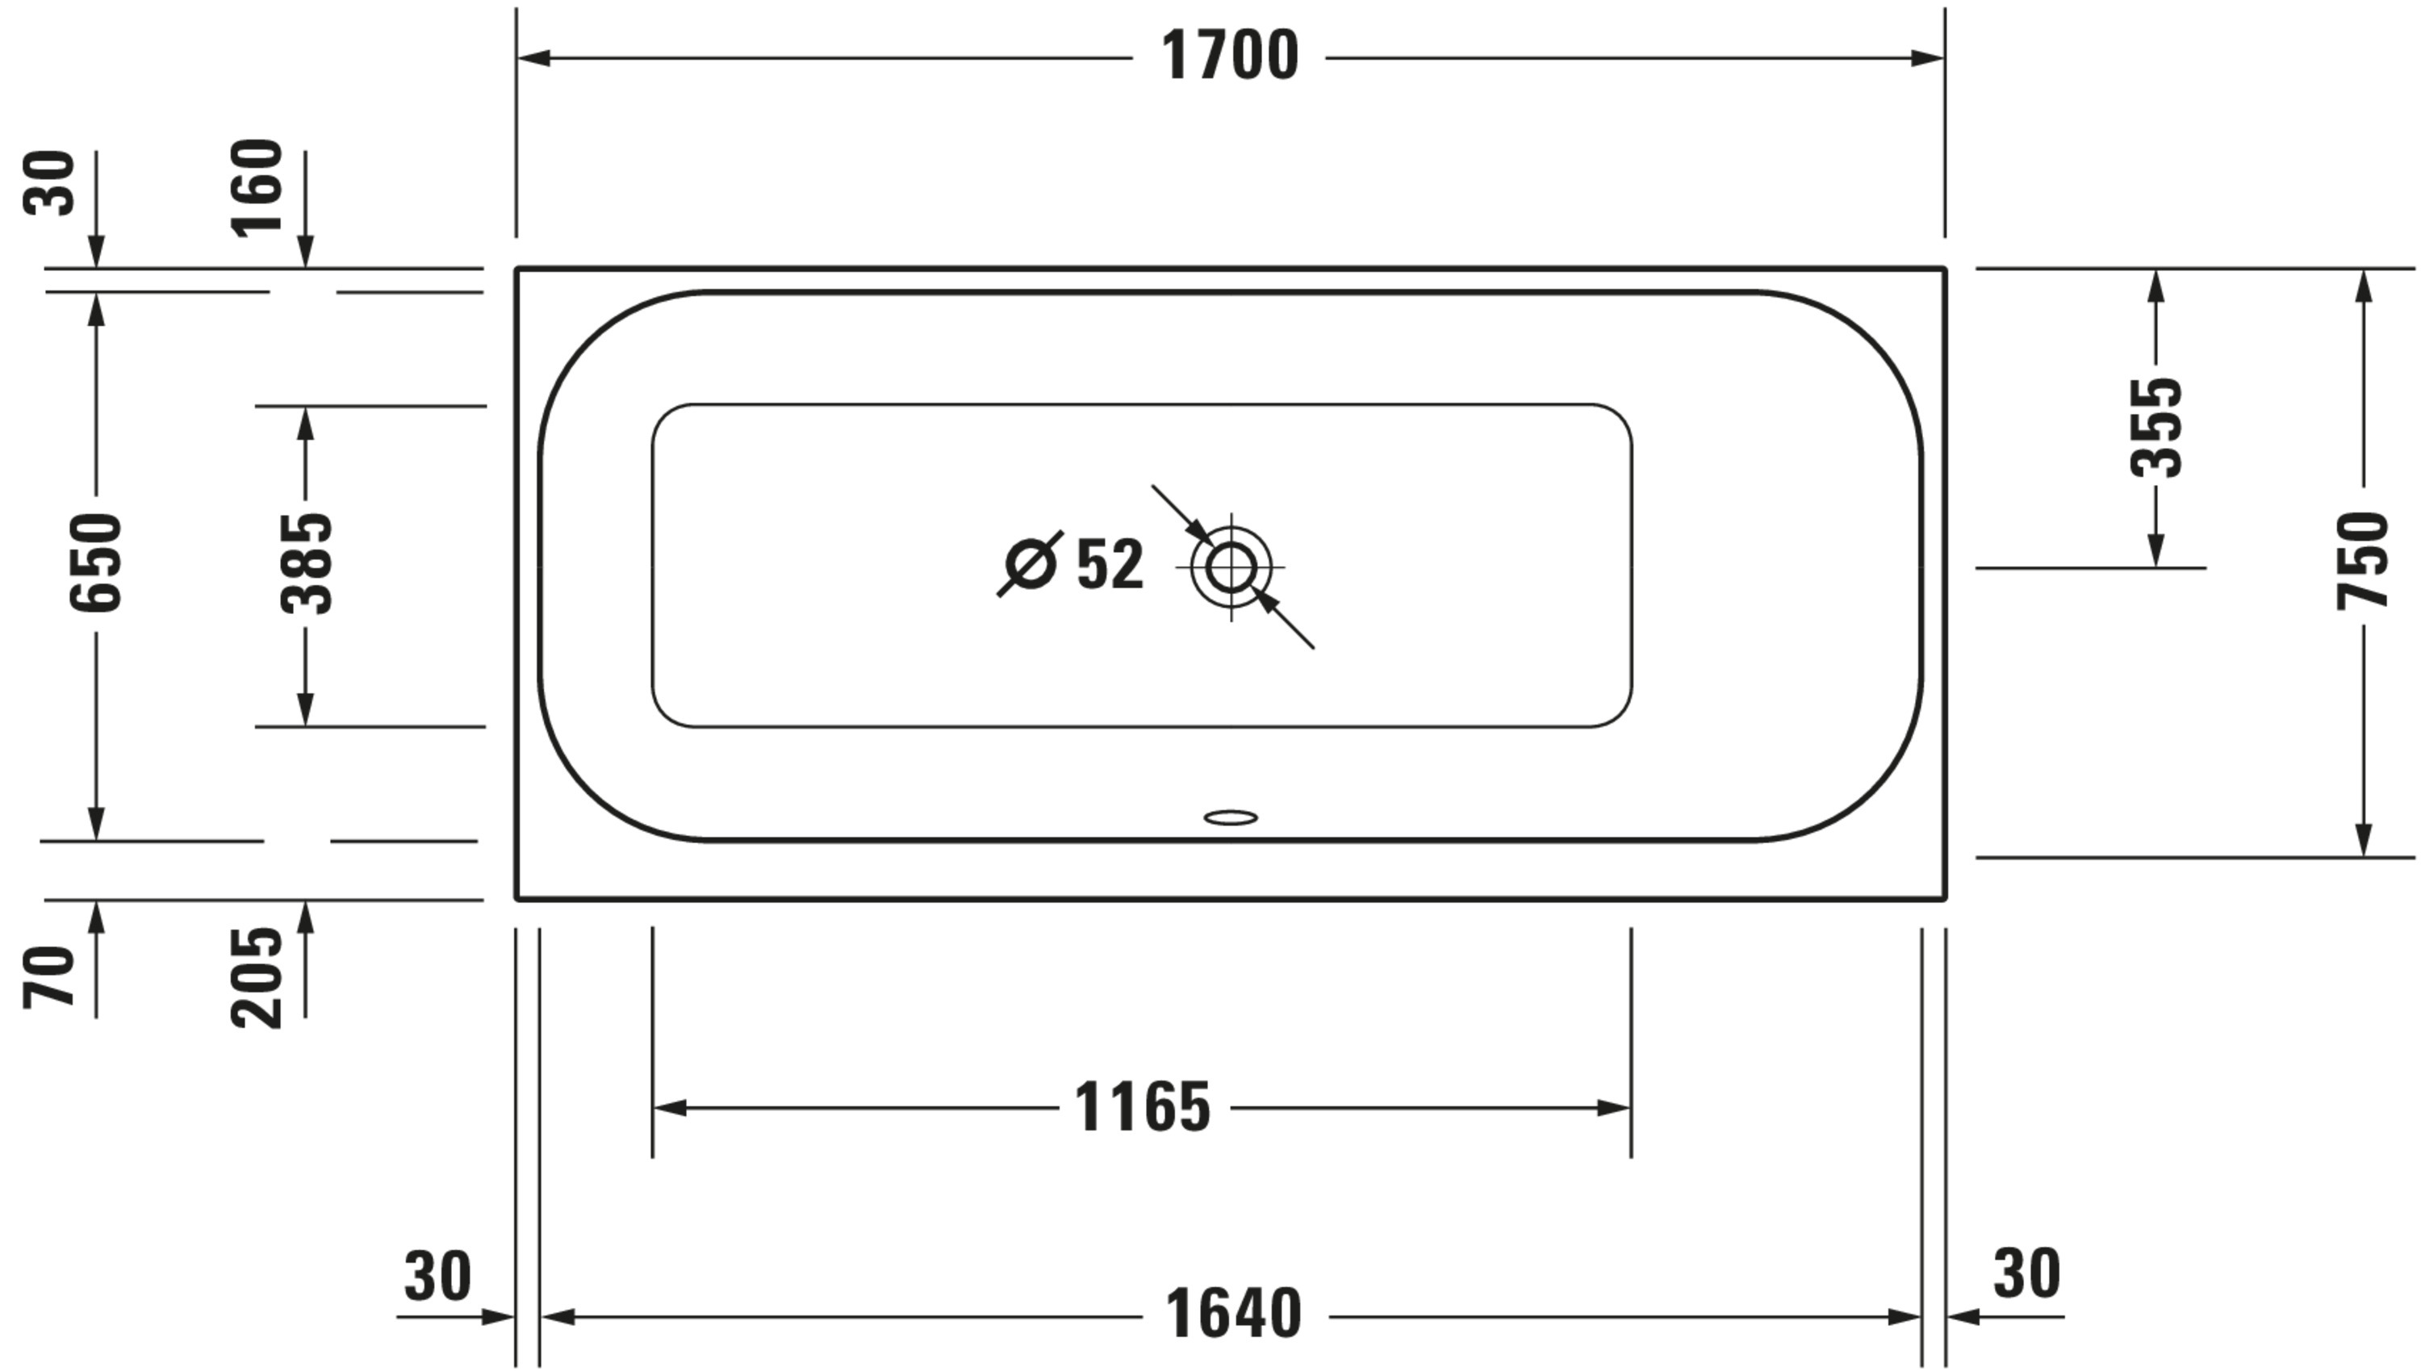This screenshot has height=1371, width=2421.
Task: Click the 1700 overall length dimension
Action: pos(1229,56)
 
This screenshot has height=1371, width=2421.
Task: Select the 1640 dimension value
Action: pos(1234,1315)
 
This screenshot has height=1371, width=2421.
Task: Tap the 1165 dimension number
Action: pos(1142,1107)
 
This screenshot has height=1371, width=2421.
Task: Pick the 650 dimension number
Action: pos(96,562)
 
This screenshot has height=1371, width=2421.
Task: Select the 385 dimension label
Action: pos(306,563)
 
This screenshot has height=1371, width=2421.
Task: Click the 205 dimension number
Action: pos(256,977)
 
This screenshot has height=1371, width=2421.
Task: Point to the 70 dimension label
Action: pos(49,977)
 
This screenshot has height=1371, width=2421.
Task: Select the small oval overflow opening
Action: pos(1231,817)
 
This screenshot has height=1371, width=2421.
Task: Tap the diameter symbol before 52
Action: pos(1031,564)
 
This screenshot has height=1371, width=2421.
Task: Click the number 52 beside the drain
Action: pos(1110,564)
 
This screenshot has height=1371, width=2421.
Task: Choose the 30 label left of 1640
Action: pos(438,1277)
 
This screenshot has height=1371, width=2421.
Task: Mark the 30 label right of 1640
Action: pos(2026,1274)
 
